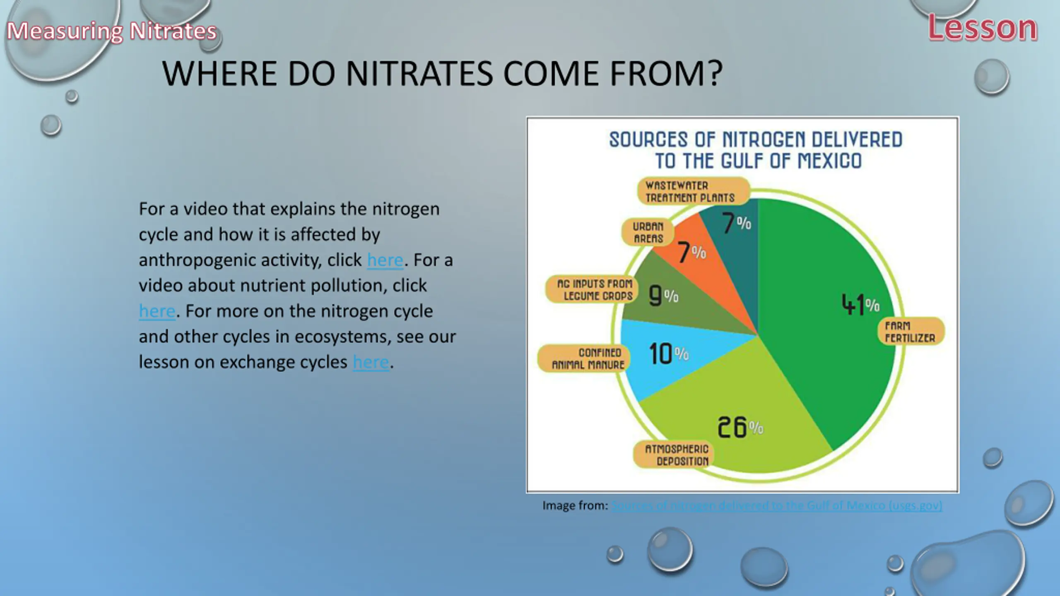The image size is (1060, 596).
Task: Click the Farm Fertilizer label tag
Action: click(911, 332)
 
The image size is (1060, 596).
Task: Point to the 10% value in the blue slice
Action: click(669, 353)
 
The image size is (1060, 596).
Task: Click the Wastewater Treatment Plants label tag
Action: click(693, 191)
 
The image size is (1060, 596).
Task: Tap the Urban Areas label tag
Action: click(648, 232)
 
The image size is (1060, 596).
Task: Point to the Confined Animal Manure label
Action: click(583, 358)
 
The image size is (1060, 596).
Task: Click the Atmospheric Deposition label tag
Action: click(676, 455)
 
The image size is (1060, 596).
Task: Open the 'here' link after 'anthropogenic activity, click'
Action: click(385, 260)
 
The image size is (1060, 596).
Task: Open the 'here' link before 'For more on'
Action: click(157, 311)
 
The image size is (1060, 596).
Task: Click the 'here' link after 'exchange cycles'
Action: click(371, 362)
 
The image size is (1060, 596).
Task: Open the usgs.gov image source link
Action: click(777, 505)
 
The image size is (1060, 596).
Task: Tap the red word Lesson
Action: click(983, 28)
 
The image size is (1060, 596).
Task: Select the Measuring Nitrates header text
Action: click(112, 31)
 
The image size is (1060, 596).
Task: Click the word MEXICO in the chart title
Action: click(829, 161)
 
